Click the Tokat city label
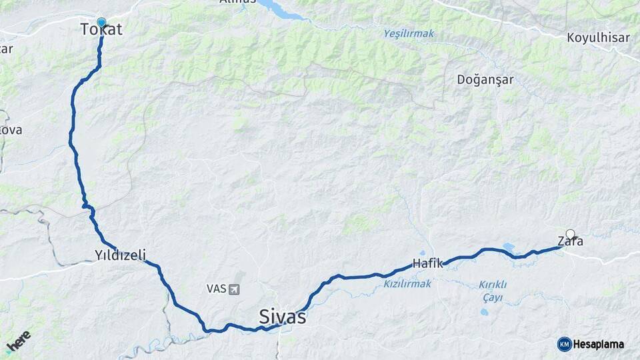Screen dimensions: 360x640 tap(101, 30)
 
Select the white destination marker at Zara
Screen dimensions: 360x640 tap(570, 234)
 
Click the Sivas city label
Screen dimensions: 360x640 tap(283, 316)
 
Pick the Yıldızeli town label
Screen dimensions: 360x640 tap(120, 255)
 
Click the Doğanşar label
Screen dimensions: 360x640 tap(485, 80)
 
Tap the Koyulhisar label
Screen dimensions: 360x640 tap(598, 38)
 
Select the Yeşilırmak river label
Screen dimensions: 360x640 tap(408, 33)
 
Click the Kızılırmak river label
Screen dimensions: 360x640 tap(407, 284)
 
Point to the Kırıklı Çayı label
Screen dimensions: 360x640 tap(493, 291)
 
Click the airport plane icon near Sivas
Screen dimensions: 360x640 tap(233, 289)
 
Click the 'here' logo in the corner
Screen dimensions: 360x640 tap(18, 341)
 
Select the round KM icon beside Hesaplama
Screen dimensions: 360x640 tap(564, 344)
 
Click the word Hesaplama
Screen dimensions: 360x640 tap(599, 345)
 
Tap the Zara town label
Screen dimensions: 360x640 tap(570, 241)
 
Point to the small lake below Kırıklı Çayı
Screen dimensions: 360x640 tap(485, 311)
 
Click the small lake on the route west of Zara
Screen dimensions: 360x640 tap(508, 247)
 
